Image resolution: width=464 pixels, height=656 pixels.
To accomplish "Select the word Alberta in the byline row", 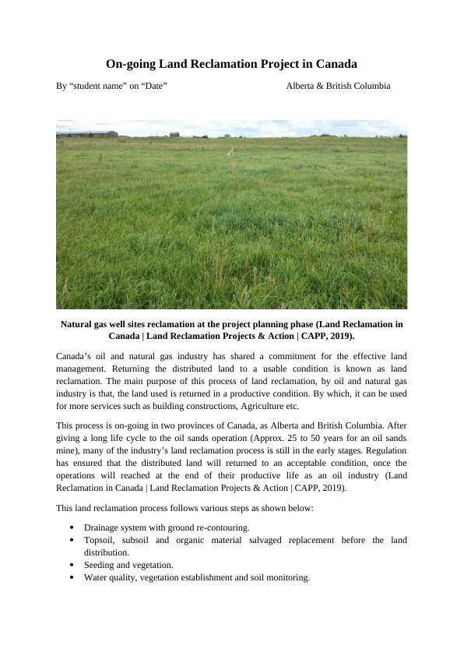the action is click(x=302, y=86).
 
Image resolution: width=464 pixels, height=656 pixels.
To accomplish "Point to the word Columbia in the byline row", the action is click(x=369, y=86).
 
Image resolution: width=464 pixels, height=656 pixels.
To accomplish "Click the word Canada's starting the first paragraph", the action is click(x=76, y=357).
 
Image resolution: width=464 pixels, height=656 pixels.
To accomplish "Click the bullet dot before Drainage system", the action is click(x=72, y=527).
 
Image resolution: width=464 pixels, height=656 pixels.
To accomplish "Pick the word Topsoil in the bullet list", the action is click(x=100, y=540).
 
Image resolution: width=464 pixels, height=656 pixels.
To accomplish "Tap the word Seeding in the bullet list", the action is click(x=100, y=565).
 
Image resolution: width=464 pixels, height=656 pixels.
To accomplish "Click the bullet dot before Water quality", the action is click(x=72, y=578).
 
